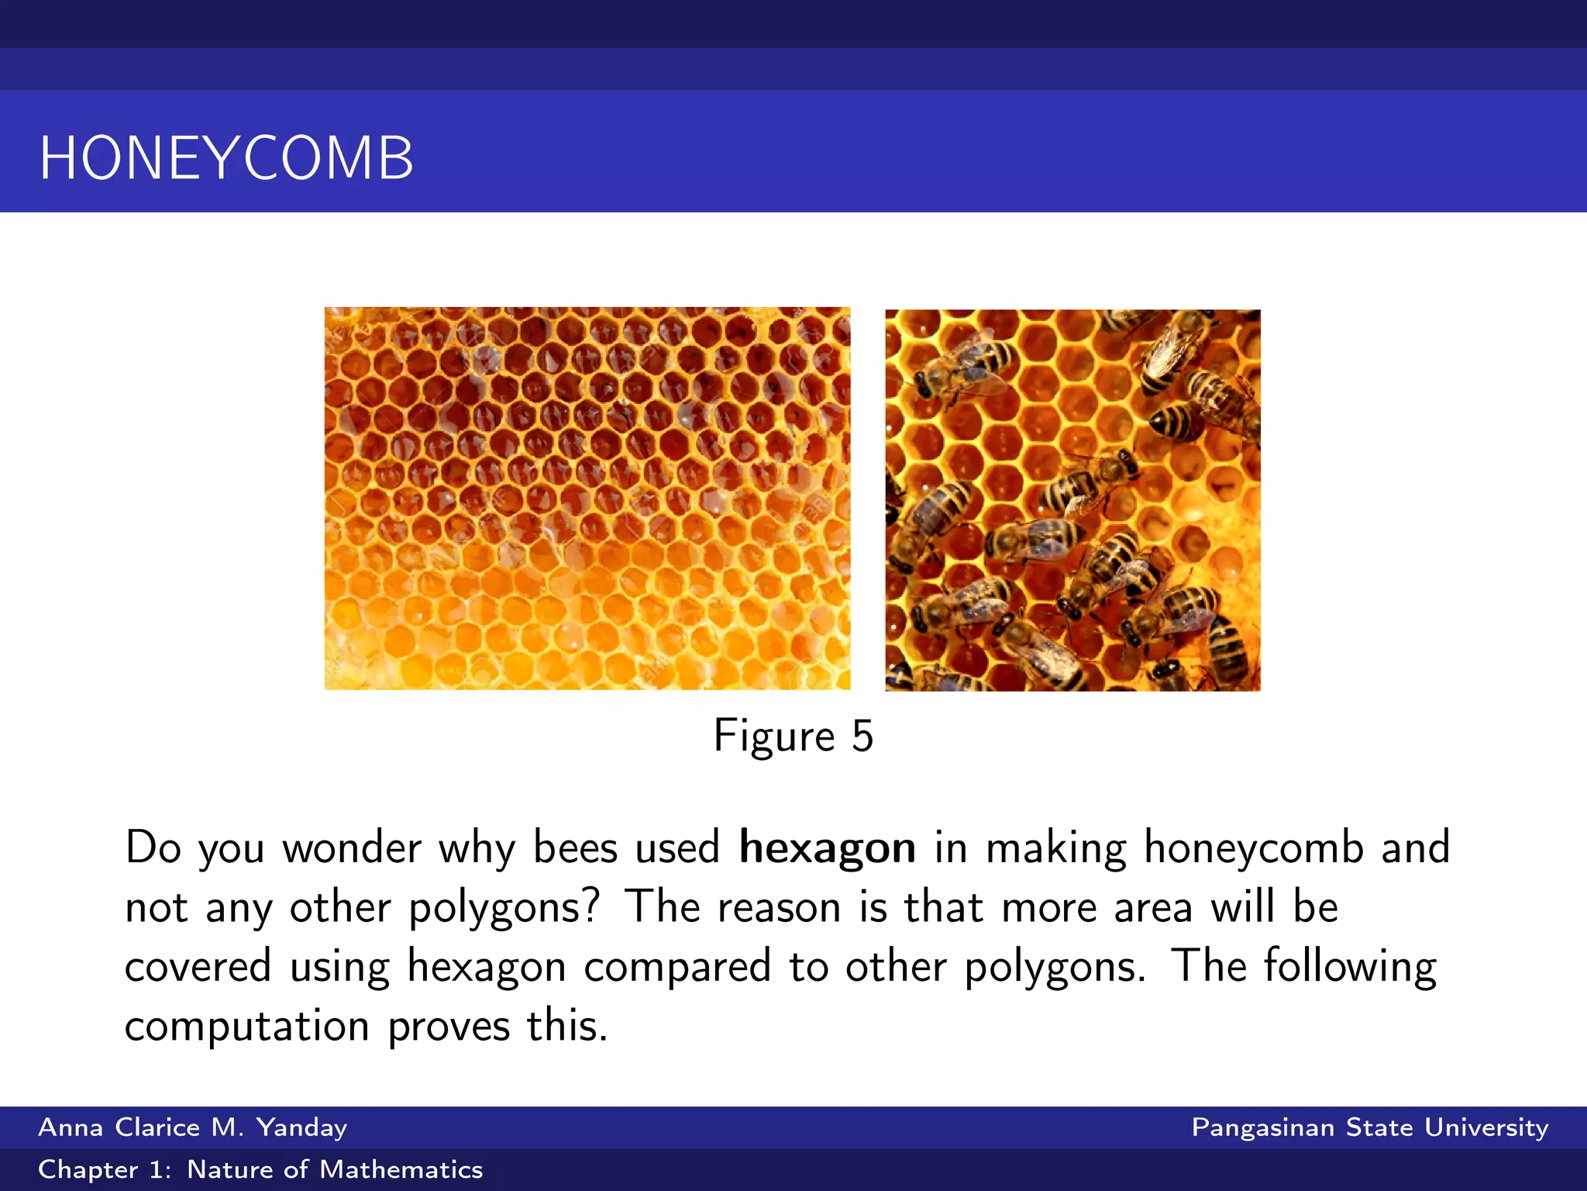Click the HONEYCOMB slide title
(x=226, y=158)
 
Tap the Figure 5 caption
(x=793, y=736)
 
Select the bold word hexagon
(x=827, y=848)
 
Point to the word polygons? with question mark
(x=504, y=908)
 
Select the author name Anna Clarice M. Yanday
(x=192, y=1127)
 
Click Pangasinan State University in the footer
(x=1369, y=1127)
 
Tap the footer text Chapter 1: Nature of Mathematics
(x=260, y=1169)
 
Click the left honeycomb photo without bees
(x=587, y=498)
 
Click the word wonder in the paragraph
(x=351, y=848)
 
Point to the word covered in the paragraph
(x=198, y=968)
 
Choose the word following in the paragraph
(x=1350, y=968)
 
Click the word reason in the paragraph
(x=779, y=908)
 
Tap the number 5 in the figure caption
(x=862, y=736)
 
